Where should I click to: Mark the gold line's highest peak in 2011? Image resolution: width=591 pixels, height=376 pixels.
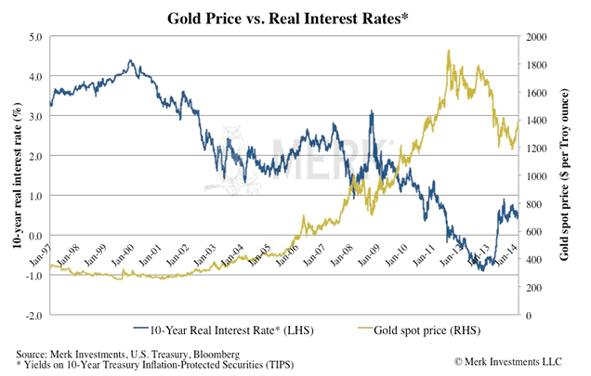pyautogui.click(x=450, y=51)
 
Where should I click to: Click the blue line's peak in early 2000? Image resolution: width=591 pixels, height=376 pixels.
pyautogui.click(x=131, y=61)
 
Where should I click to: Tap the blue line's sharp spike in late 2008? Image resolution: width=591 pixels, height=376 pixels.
pyautogui.click(x=372, y=112)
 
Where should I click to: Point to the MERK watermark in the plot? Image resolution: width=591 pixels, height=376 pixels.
pyautogui.click(x=307, y=149)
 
